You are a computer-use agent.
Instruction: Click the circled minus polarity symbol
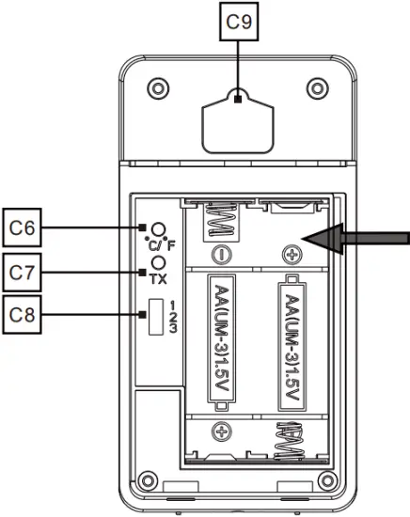(223, 253)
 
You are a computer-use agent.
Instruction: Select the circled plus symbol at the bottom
(223, 431)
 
